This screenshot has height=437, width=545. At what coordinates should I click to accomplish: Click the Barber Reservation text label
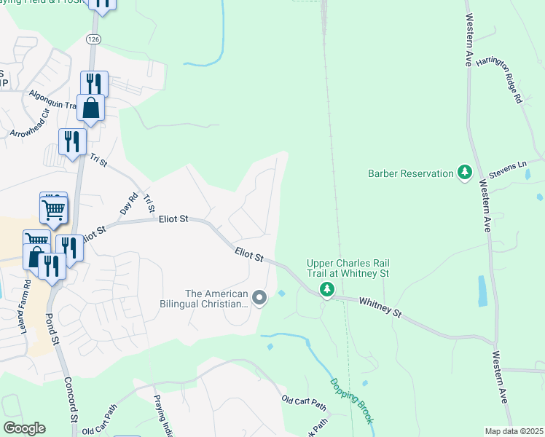(x=411, y=173)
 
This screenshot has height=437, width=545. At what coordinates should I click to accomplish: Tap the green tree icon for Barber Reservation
(x=464, y=173)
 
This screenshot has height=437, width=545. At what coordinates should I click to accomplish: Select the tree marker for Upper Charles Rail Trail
(x=328, y=290)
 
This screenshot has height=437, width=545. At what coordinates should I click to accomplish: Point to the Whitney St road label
(x=378, y=305)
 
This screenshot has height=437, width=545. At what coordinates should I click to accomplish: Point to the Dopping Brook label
(x=351, y=401)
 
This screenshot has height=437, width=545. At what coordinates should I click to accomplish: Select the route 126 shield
(x=92, y=38)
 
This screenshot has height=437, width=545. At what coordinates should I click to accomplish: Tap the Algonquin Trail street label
(x=52, y=100)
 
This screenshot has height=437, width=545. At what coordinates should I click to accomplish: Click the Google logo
(x=23, y=428)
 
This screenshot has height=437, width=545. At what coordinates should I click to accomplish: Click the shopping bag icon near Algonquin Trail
(x=90, y=109)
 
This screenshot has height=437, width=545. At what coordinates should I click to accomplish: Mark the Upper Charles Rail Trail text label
(x=348, y=267)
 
